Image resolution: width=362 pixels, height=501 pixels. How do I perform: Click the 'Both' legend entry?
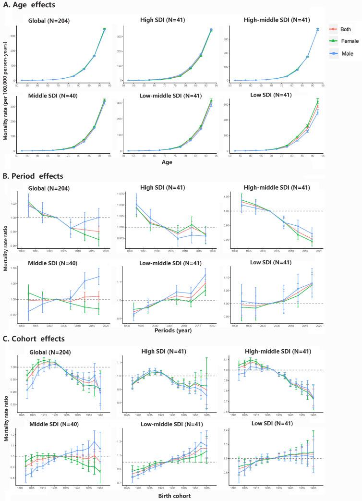[345, 29]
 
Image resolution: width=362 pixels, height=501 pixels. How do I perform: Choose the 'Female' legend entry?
[348, 41]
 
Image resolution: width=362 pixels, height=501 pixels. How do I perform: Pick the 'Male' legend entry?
[345, 53]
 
